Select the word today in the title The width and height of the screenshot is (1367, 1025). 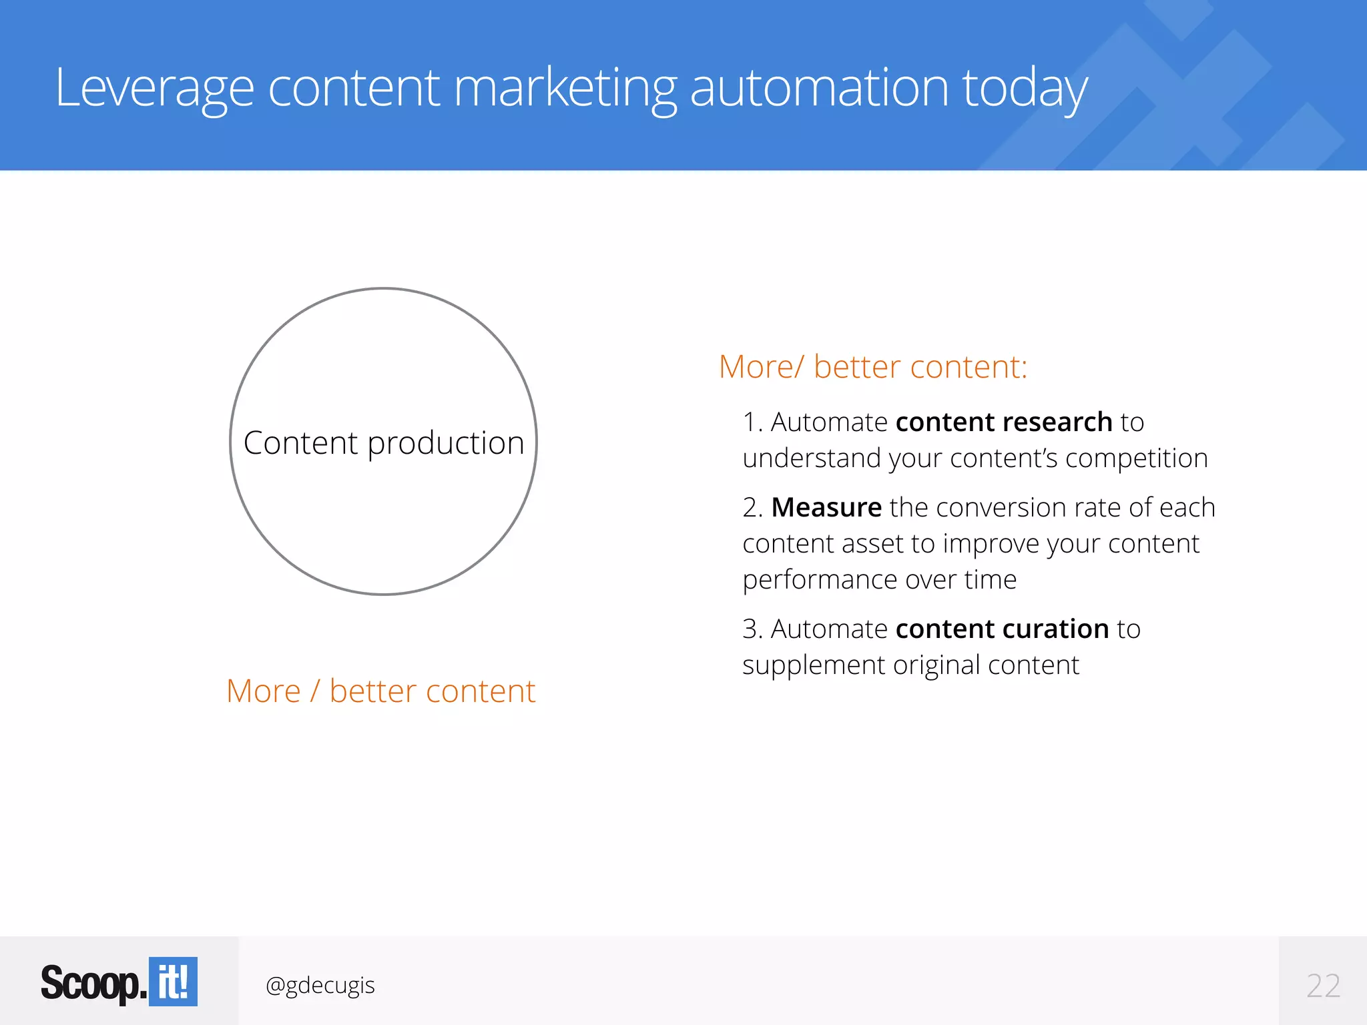pyautogui.click(x=1025, y=89)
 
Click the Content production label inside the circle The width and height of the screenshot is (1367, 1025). pyautogui.click(x=384, y=443)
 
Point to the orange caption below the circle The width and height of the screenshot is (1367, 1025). pyautogui.click(x=381, y=691)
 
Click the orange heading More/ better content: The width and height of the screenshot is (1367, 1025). pyautogui.click(x=873, y=367)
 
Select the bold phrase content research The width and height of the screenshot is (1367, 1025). pyautogui.click(x=1003, y=422)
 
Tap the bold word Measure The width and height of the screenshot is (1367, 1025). pyautogui.click(x=826, y=508)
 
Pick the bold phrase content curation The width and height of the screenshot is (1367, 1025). pyautogui.click(x=1002, y=629)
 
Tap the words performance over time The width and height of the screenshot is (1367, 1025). pyautogui.click(x=880, y=580)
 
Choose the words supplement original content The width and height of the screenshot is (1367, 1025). pyautogui.click(x=910, y=665)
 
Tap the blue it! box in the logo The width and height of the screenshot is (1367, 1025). pyautogui.click(x=173, y=982)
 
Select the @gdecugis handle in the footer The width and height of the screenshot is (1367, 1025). pyautogui.click(x=320, y=985)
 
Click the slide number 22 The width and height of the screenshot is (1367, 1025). pyautogui.click(x=1323, y=986)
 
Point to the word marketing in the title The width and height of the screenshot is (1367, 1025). pyautogui.click(x=565, y=89)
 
